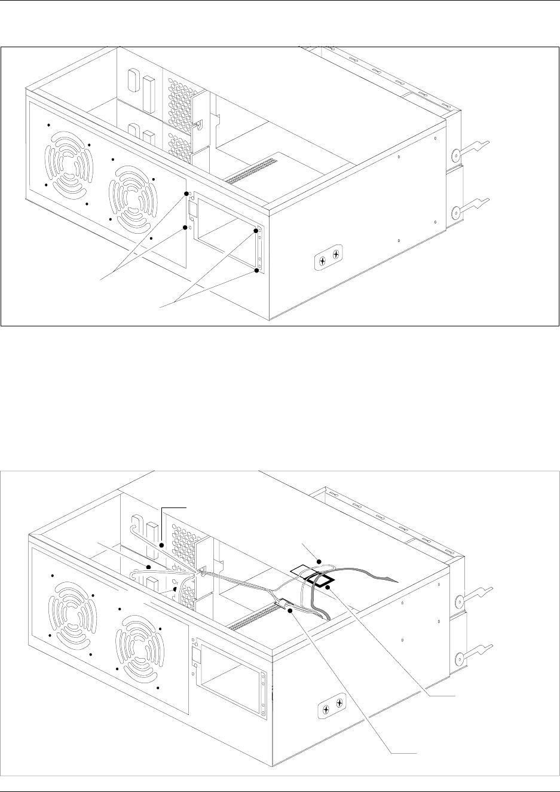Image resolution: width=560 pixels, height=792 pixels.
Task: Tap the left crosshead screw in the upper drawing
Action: [x=322, y=261]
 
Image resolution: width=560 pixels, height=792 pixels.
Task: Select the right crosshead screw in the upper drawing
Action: [x=336, y=255]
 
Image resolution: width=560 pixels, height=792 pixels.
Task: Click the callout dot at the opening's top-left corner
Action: [x=186, y=194]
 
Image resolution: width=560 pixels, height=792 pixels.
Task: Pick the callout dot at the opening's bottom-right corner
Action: [x=257, y=271]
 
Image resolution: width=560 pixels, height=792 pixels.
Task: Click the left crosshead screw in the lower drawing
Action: [x=326, y=710]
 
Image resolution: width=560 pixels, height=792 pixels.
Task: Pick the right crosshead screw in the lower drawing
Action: [x=339, y=704]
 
